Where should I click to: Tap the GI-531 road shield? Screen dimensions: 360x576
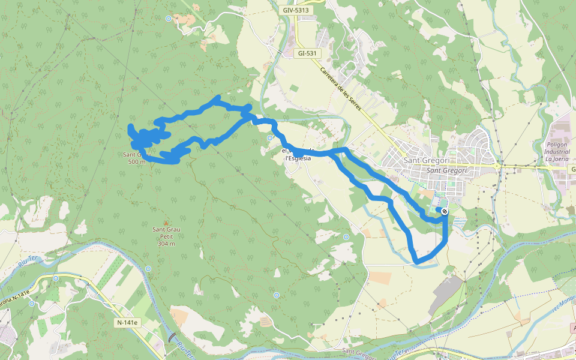(307, 53)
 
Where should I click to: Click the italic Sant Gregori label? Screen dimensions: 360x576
(446, 171)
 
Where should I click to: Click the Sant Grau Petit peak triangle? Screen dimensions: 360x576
(166, 223)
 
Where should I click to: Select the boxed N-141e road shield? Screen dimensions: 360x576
(127, 323)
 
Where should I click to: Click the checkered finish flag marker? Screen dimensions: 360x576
(444, 211)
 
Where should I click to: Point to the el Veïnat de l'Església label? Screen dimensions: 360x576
(298, 154)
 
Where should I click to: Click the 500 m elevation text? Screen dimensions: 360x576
(136, 161)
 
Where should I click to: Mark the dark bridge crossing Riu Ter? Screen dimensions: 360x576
(173, 338)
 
